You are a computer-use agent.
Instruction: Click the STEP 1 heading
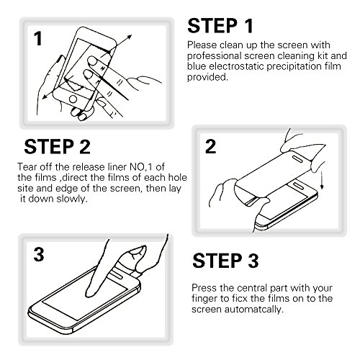pyautogui.click(x=220, y=26)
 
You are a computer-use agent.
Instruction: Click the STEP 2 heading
pyautogui.click(x=57, y=147)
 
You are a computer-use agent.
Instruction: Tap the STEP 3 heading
pyautogui.click(x=225, y=261)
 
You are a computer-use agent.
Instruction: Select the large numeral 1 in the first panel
pyautogui.click(x=38, y=39)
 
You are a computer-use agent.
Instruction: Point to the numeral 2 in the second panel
pyautogui.click(x=210, y=146)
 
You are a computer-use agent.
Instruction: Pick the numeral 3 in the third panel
pyautogui.click(x=39, y=254)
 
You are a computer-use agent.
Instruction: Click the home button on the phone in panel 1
pyautogui.click(x=73, y=99)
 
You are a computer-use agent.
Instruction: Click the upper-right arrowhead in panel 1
pyautogui.click(x=129, y=37)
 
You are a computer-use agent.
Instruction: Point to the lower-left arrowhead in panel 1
pyautogui.click(x=45, y=96)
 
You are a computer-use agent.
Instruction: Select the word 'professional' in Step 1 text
pyautogui.click(x=215, y=56)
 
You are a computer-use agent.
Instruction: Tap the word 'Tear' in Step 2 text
pyautogui.click(x=27, y=167)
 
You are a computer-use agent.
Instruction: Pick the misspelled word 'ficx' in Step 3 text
pyautogui.click(x=240, y=299)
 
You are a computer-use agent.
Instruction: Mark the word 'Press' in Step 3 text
pyautogui.click(x=203, y=288)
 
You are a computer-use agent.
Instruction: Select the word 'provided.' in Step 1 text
pyautogui.click(x=207, y=77)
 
